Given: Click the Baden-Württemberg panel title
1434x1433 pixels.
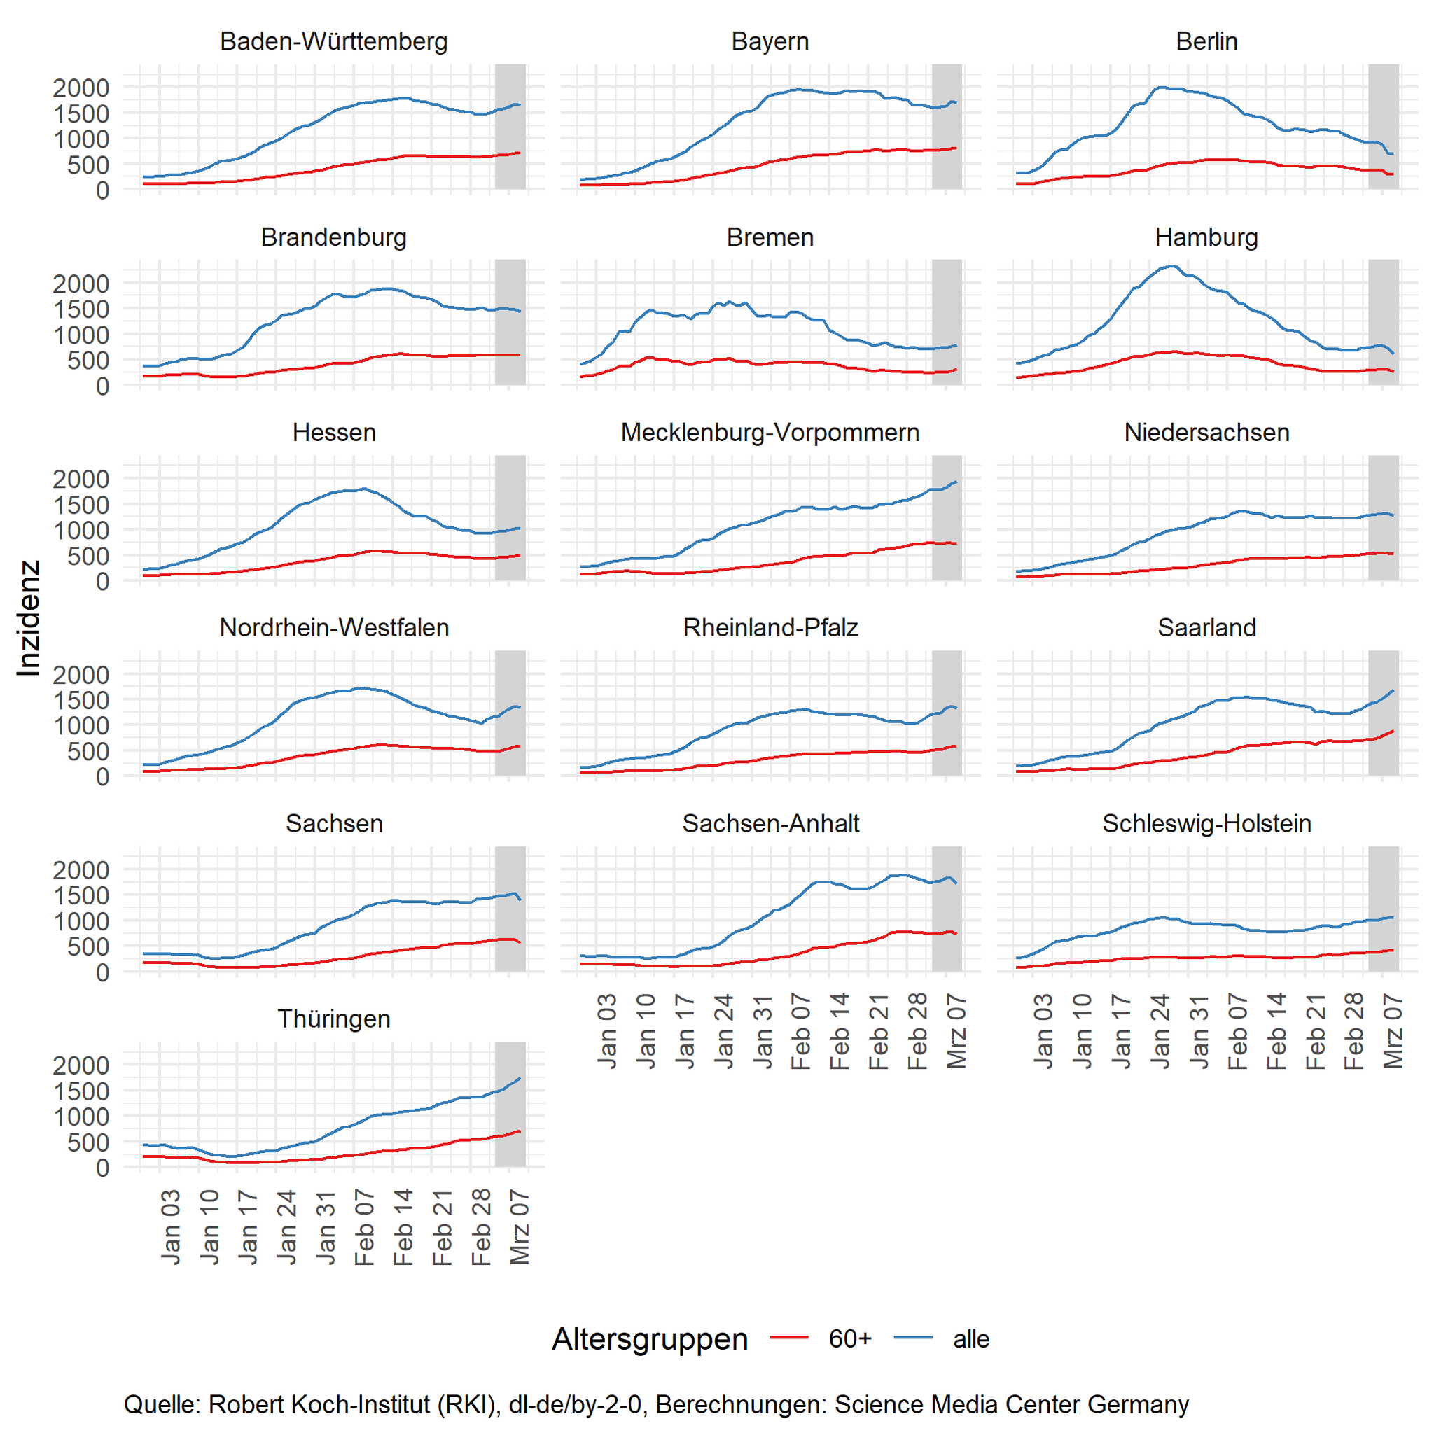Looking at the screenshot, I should pyautogui.click(x=333, y=41).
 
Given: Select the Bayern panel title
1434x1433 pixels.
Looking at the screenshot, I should pyautogui.click(x=770, y=41).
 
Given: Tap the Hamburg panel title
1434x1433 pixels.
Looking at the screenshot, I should pyautogui.click(x=1206, y=237).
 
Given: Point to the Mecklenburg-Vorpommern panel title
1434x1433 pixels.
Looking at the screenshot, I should pyautogui.click(x=770, y=433).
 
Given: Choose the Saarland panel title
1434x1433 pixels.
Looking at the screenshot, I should pyautogui.click(x=1206, y=628).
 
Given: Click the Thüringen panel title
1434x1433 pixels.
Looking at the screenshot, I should pyautogui.click(x=333, y=1019).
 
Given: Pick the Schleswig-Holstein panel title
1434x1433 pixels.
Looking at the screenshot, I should pyautogui.click(x=1206, y=824).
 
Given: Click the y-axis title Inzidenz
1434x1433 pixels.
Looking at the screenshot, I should pyautogui.click(x=28, y=618).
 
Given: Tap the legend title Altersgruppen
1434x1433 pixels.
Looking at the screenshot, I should pyautogui.click(x=650, y=1339).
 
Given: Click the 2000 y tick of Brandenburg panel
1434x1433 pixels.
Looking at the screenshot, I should pyautogui.click(x=81, y=284).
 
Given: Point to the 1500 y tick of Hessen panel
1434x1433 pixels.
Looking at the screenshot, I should pyautogui.click(x=81, y=505).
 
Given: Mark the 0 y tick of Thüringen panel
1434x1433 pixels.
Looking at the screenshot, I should pyautogui.click(x=102, y=1168).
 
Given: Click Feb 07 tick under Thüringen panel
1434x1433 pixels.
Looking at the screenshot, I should pyautogui.click(x=364, y=1226).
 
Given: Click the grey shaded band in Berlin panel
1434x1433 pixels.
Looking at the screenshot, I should pyautogui.click(x=1384, y=126).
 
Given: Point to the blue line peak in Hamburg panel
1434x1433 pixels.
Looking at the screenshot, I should pyautogui.click(x=1171, y=266).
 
